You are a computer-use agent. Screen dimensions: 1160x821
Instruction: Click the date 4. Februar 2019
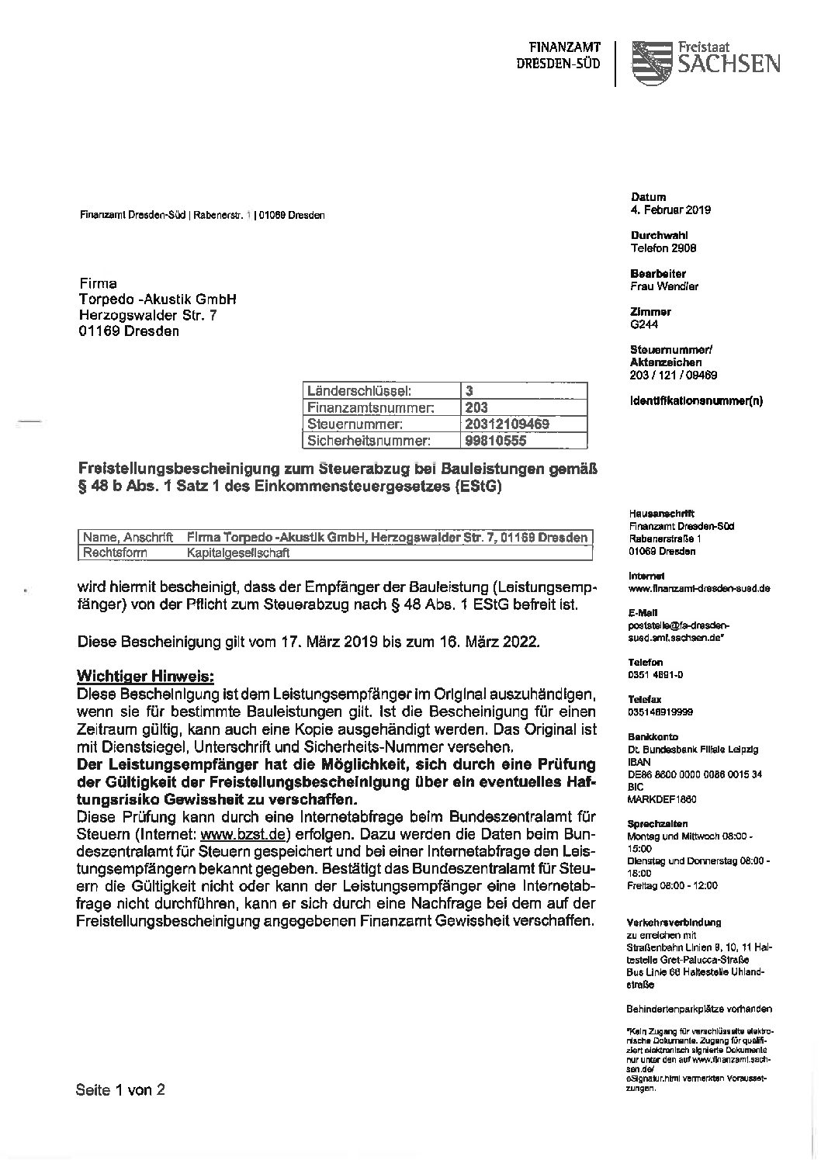[x=670, y=209]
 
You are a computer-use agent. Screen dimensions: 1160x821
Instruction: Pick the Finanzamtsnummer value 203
[x=476, y=407]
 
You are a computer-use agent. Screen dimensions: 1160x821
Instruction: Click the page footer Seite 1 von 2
[x=120, y=1089]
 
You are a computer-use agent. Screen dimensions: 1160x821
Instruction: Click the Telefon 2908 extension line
[x=663, y=248]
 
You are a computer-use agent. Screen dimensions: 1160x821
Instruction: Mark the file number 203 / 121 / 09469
[x=674, y=375]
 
